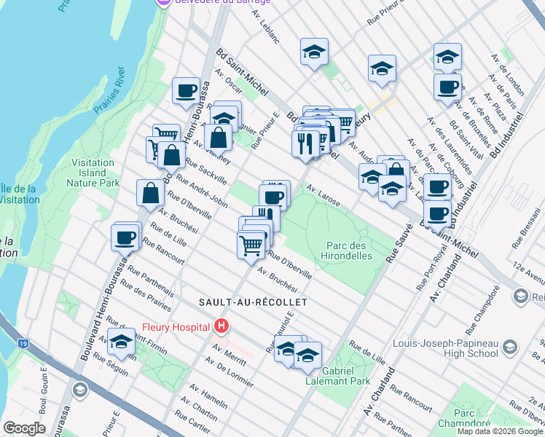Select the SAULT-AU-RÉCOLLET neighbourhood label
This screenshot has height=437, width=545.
point(253,302)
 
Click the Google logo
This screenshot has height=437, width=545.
point(24,428)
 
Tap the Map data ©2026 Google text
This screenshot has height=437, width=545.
point(500,431)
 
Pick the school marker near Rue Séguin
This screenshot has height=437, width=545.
point(122,340)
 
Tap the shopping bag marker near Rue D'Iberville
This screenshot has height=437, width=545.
point(150,193)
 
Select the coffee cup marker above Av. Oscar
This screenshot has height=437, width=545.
point(186,91)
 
